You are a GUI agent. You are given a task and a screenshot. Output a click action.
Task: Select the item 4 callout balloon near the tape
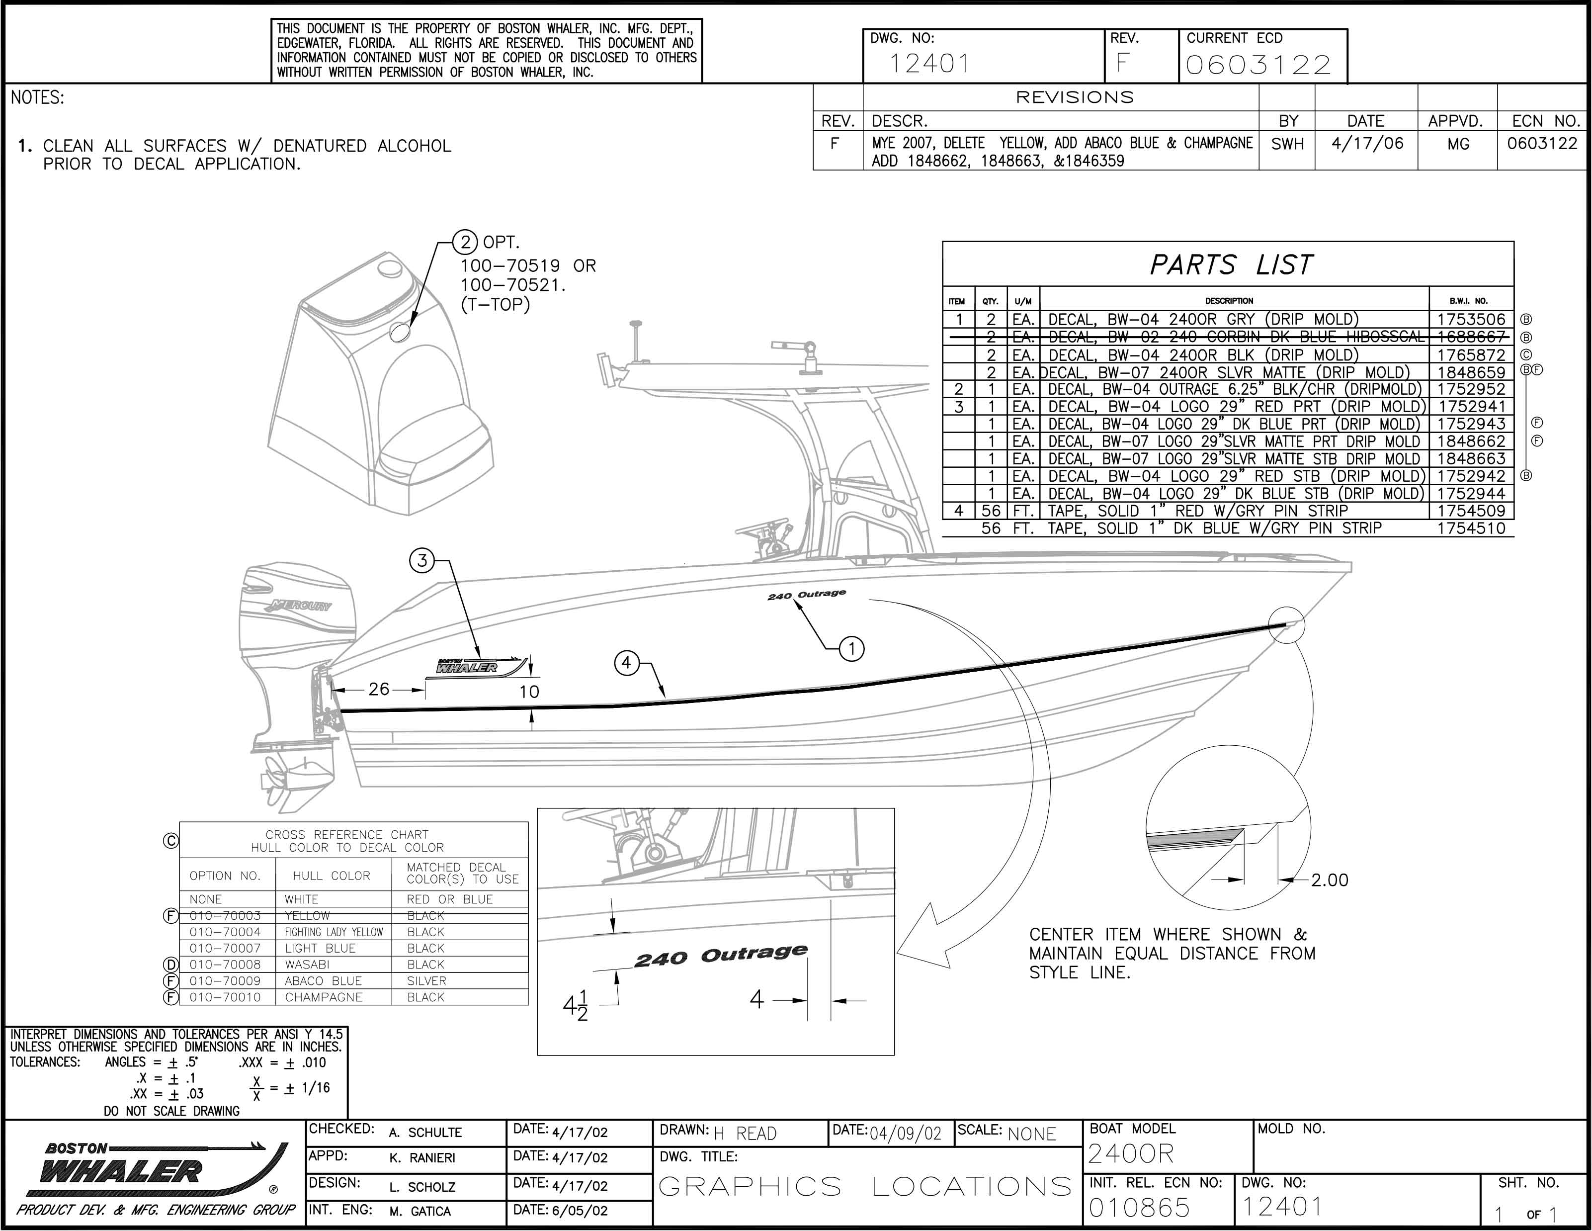tap(627, 663)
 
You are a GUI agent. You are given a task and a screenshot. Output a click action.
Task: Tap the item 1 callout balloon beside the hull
tap(852, 648)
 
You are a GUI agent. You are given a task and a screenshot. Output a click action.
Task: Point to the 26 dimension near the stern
tap(379, 689)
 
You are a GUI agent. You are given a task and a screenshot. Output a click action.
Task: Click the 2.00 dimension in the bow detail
tap(1330, 880)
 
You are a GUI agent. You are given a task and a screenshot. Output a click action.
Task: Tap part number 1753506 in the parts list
tap(1471, 319)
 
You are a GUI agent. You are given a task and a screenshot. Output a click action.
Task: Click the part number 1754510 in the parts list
tap(1471, 528)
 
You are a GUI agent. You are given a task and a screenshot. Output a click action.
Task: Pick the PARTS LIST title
tap(1231, 264)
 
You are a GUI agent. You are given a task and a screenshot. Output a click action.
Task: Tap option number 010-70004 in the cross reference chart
tap(225, 932)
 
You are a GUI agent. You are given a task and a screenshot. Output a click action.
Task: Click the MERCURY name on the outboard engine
tap(300, 605)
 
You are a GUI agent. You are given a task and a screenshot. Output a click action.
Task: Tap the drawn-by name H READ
tap(745, 1133)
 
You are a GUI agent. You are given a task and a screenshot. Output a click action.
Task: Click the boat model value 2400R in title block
tap(1131, 1154)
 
